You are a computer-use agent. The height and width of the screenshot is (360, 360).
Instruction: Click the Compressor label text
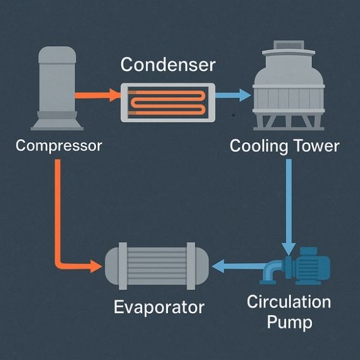tap(58, 146)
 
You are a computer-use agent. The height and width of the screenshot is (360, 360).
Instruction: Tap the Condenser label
tap(167, 65)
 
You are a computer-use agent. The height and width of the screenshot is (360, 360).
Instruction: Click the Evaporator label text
tap(159, 307)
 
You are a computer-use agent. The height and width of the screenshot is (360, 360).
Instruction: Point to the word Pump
tap(289, 322)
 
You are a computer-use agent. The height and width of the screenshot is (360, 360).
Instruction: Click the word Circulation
tap(289, 301)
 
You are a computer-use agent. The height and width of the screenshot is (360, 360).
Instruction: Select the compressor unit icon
tap(57, 87)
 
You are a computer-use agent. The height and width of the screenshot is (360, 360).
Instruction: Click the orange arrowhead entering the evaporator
tap(95, 265)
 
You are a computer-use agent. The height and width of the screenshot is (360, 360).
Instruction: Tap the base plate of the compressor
tap(57, 125)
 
